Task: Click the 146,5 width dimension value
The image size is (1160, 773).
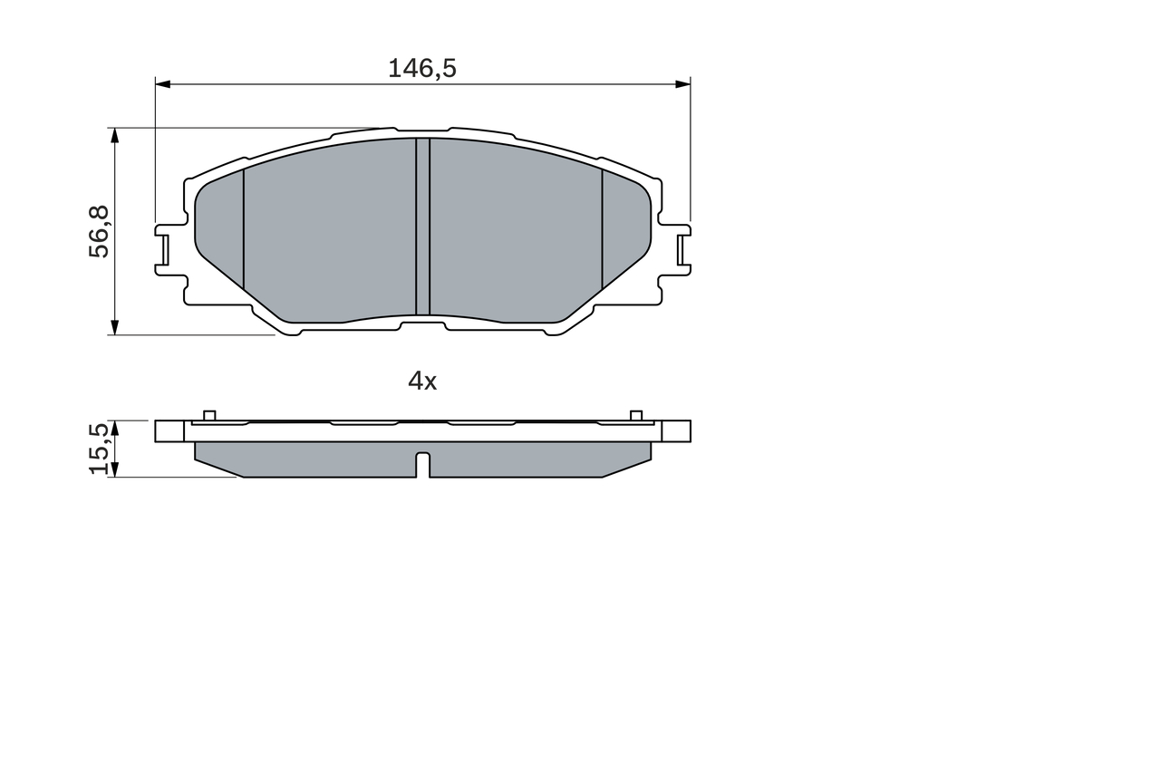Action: coord(421,68)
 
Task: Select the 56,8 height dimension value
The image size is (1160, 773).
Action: coord(99,232)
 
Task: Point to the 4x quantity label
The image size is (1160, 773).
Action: coord(422,382)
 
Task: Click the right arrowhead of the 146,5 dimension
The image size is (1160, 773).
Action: coord(682,84)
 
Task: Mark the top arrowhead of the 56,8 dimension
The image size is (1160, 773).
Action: coord(114,135)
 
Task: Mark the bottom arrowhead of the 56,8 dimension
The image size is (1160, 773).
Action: coord(114,327)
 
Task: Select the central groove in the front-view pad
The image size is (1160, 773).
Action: coord(422,227)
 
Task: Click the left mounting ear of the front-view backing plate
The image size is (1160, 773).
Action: coord(163,247)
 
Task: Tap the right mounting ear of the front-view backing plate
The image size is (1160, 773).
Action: coord(682,247)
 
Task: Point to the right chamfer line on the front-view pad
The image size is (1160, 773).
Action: coord(603,227)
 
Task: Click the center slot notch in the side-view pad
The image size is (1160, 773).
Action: coord(422,463)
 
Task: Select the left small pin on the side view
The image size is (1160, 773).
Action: coord(209,415)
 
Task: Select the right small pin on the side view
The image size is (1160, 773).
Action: coord(636,415)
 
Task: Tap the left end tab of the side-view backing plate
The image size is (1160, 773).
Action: coord(169,430)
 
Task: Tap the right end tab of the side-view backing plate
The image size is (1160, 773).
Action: coord(676,430)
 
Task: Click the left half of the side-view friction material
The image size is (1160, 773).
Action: coord(308,459)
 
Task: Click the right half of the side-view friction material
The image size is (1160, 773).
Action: coord(535,459)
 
